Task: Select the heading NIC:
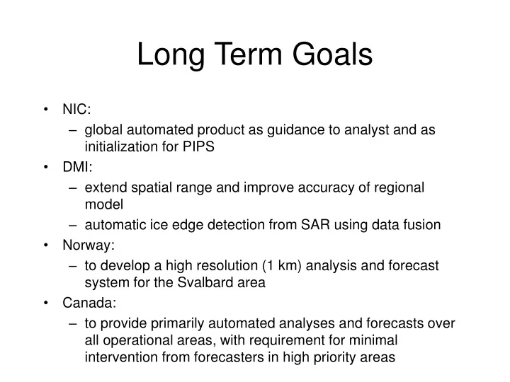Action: [76, 110]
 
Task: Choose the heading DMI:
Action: [77, 168]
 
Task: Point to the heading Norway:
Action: [89, 245]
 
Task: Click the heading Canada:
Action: [90, 303]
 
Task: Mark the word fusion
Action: [422, 225]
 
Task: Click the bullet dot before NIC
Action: [46, 110]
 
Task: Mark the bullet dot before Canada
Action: [46, 303]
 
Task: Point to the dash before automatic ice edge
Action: [74, 225]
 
